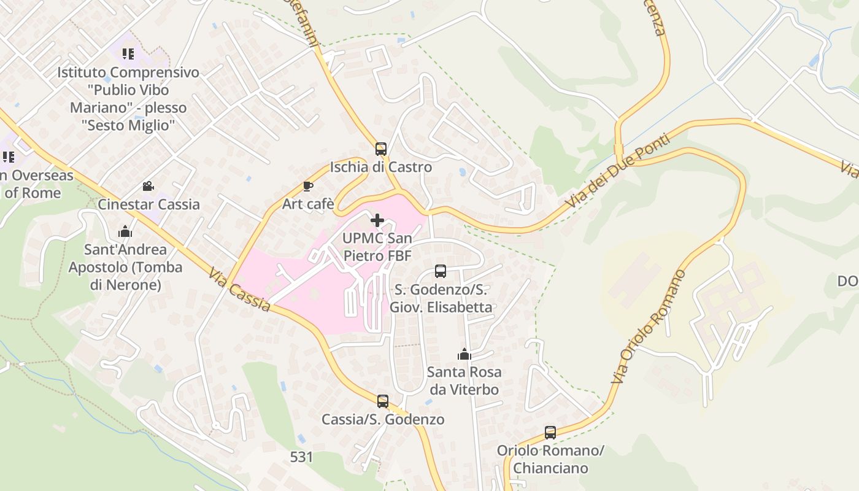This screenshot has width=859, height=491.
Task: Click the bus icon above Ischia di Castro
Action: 381,149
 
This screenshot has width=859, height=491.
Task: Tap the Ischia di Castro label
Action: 381,167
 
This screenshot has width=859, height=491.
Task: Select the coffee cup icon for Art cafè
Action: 308,186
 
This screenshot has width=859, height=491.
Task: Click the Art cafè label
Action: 308,204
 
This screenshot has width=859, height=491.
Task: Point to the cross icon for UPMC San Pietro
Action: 377,220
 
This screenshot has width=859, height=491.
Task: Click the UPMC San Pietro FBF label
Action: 377,247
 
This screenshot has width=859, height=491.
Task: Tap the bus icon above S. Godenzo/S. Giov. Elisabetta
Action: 441,271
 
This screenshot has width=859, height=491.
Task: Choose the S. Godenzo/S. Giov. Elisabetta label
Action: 441,298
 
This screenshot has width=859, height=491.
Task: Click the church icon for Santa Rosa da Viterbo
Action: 464,354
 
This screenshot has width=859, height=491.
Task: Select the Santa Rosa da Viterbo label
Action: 464,381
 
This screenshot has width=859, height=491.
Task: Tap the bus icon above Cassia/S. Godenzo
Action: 383,401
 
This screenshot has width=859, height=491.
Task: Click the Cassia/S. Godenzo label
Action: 383,420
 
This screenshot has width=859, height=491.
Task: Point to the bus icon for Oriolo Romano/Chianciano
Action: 550,432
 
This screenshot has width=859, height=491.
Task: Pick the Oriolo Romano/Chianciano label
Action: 550,459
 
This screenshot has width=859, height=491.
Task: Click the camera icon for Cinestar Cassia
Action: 148,186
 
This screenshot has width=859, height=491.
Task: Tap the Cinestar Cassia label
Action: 149,204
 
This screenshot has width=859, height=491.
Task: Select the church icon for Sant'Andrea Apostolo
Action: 125,231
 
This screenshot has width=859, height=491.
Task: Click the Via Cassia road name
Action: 239,290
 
